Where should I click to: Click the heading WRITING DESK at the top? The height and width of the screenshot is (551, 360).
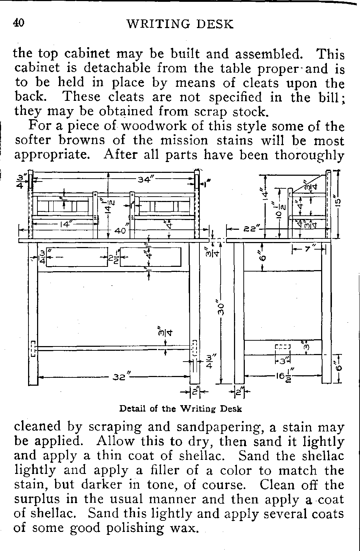click(180, 24)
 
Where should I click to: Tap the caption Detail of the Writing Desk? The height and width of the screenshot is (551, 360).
click(180, 409)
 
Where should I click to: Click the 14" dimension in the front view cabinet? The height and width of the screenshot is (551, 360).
click(64, 224)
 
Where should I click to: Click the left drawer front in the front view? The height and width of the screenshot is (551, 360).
click(77, 257)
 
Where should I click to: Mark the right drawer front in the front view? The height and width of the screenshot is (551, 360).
click(150, 257)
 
